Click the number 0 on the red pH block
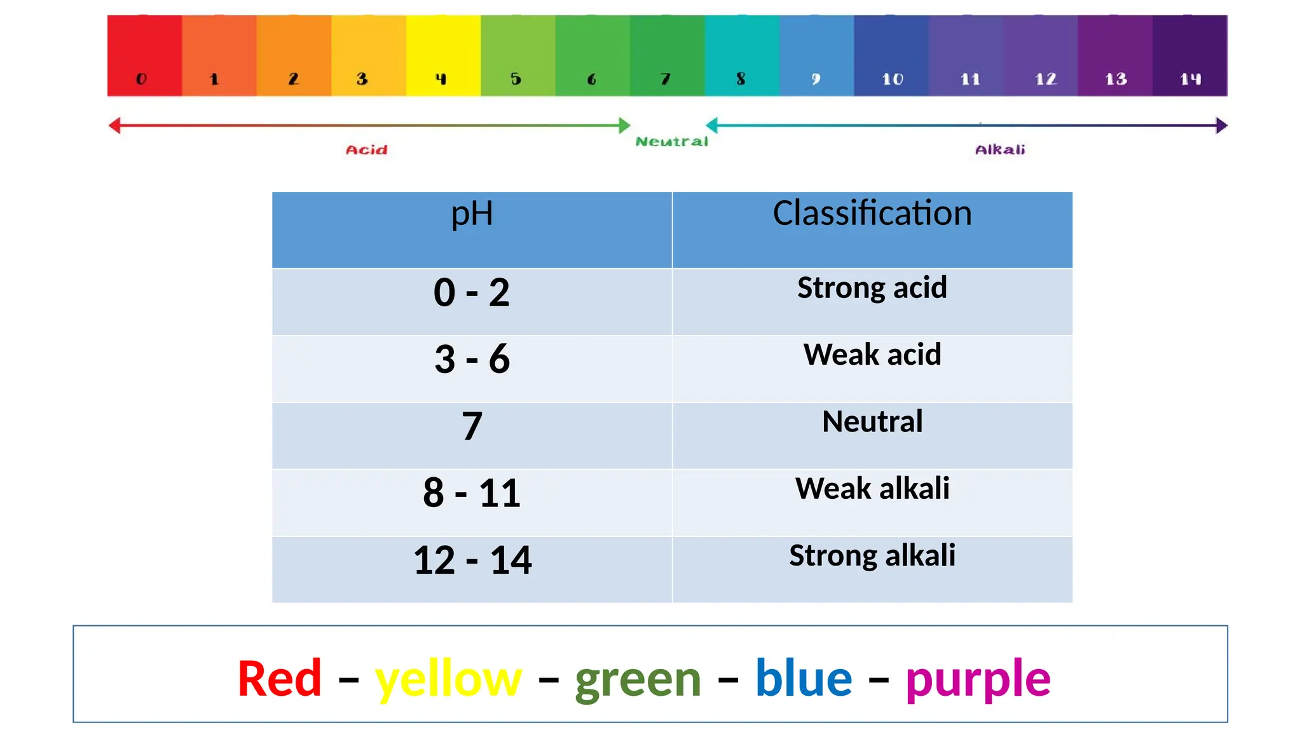coord(141,79)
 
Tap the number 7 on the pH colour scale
coord(666,79)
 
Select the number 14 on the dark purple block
coord(1190,79)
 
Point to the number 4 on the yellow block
coord(441,79)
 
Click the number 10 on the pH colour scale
coord(892,79)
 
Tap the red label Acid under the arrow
coord(366,150)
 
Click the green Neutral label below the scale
coord(671,142)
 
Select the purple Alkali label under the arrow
coord(999,150)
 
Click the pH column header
coord(472,213)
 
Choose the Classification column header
coord(872,213)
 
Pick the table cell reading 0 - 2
coord(472,293)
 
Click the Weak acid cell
coord(872,355)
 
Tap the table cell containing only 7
coord(472,426)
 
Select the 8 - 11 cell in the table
coord(472,493)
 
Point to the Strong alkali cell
coord(872,556)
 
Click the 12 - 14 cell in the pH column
coord(472,560)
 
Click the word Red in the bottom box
coord(280,679)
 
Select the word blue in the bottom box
coord(804,679)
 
